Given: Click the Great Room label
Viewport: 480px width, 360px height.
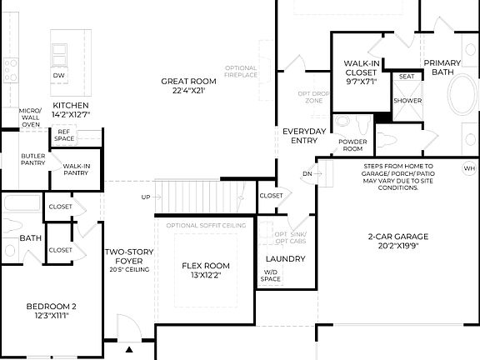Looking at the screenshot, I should [x=188, y=86].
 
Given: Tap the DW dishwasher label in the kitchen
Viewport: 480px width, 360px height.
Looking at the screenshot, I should [x=58, y=76].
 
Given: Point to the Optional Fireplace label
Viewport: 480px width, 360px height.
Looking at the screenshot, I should [x=241, y=71].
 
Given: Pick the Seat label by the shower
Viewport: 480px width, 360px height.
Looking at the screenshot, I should [x=407, y=77].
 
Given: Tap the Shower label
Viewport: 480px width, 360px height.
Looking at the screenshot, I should [x=407, y=100].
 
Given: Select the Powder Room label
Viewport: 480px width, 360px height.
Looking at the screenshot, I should [x=352, y=144].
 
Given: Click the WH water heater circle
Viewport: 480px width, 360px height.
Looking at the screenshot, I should [x=468, y=168].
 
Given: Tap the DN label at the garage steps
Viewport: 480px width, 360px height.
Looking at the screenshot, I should [x=307, y=174].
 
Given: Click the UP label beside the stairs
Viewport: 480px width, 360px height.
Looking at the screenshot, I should [x=146, y=197].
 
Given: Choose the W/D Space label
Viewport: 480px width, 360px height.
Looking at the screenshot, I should [x=272, y=275].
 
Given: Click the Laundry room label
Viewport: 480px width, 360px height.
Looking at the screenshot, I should [x=286, y=258].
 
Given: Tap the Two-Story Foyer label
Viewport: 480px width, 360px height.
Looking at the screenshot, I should [x=127, y=259].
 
